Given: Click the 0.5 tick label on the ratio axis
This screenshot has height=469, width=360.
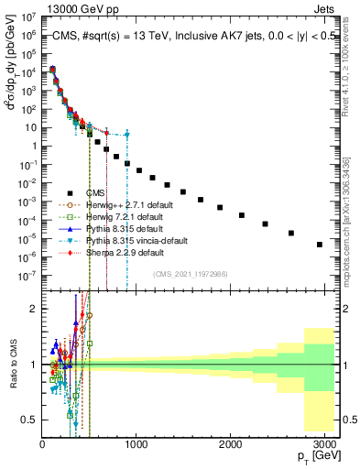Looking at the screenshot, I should (29, 420).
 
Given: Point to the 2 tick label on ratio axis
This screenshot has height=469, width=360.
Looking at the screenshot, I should (33, 310).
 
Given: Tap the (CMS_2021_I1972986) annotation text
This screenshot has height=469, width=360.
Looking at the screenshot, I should (189, 274).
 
